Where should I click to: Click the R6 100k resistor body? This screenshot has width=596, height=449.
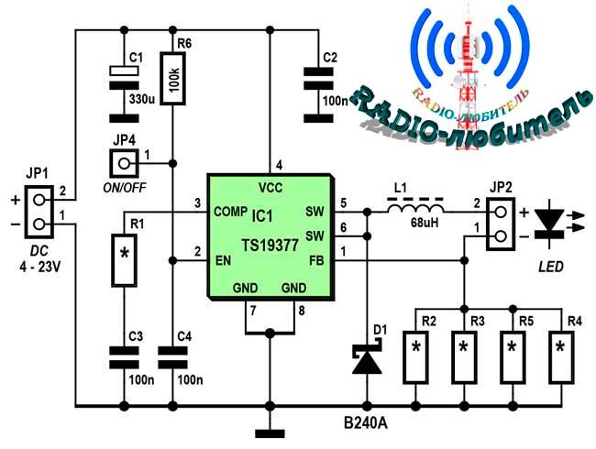[172, 79]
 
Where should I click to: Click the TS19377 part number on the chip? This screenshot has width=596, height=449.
[270, 246]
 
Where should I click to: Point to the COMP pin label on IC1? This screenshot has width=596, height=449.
[231, 211]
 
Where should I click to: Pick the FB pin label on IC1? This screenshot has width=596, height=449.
[316, 260]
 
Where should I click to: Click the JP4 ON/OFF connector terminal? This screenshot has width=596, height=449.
[124, 163]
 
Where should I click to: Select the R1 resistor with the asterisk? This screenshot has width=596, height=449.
[124, 260]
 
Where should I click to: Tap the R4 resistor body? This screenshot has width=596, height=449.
[561, 357]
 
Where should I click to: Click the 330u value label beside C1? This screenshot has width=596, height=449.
[142, 100]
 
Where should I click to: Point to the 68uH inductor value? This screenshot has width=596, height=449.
[425, 223]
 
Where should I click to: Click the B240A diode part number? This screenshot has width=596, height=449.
[366, 423]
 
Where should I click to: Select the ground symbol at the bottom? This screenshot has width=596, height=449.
[270, 433]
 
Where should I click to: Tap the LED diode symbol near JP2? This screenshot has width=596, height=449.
[549, 224]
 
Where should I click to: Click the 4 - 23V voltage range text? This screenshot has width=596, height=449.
[40, 267]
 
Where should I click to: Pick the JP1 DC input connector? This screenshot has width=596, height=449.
[39, 212]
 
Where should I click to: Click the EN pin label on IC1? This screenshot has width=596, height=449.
[223, 260]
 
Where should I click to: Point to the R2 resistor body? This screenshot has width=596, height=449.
[416, 357]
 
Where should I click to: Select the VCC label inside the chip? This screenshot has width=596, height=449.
[270, 188]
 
